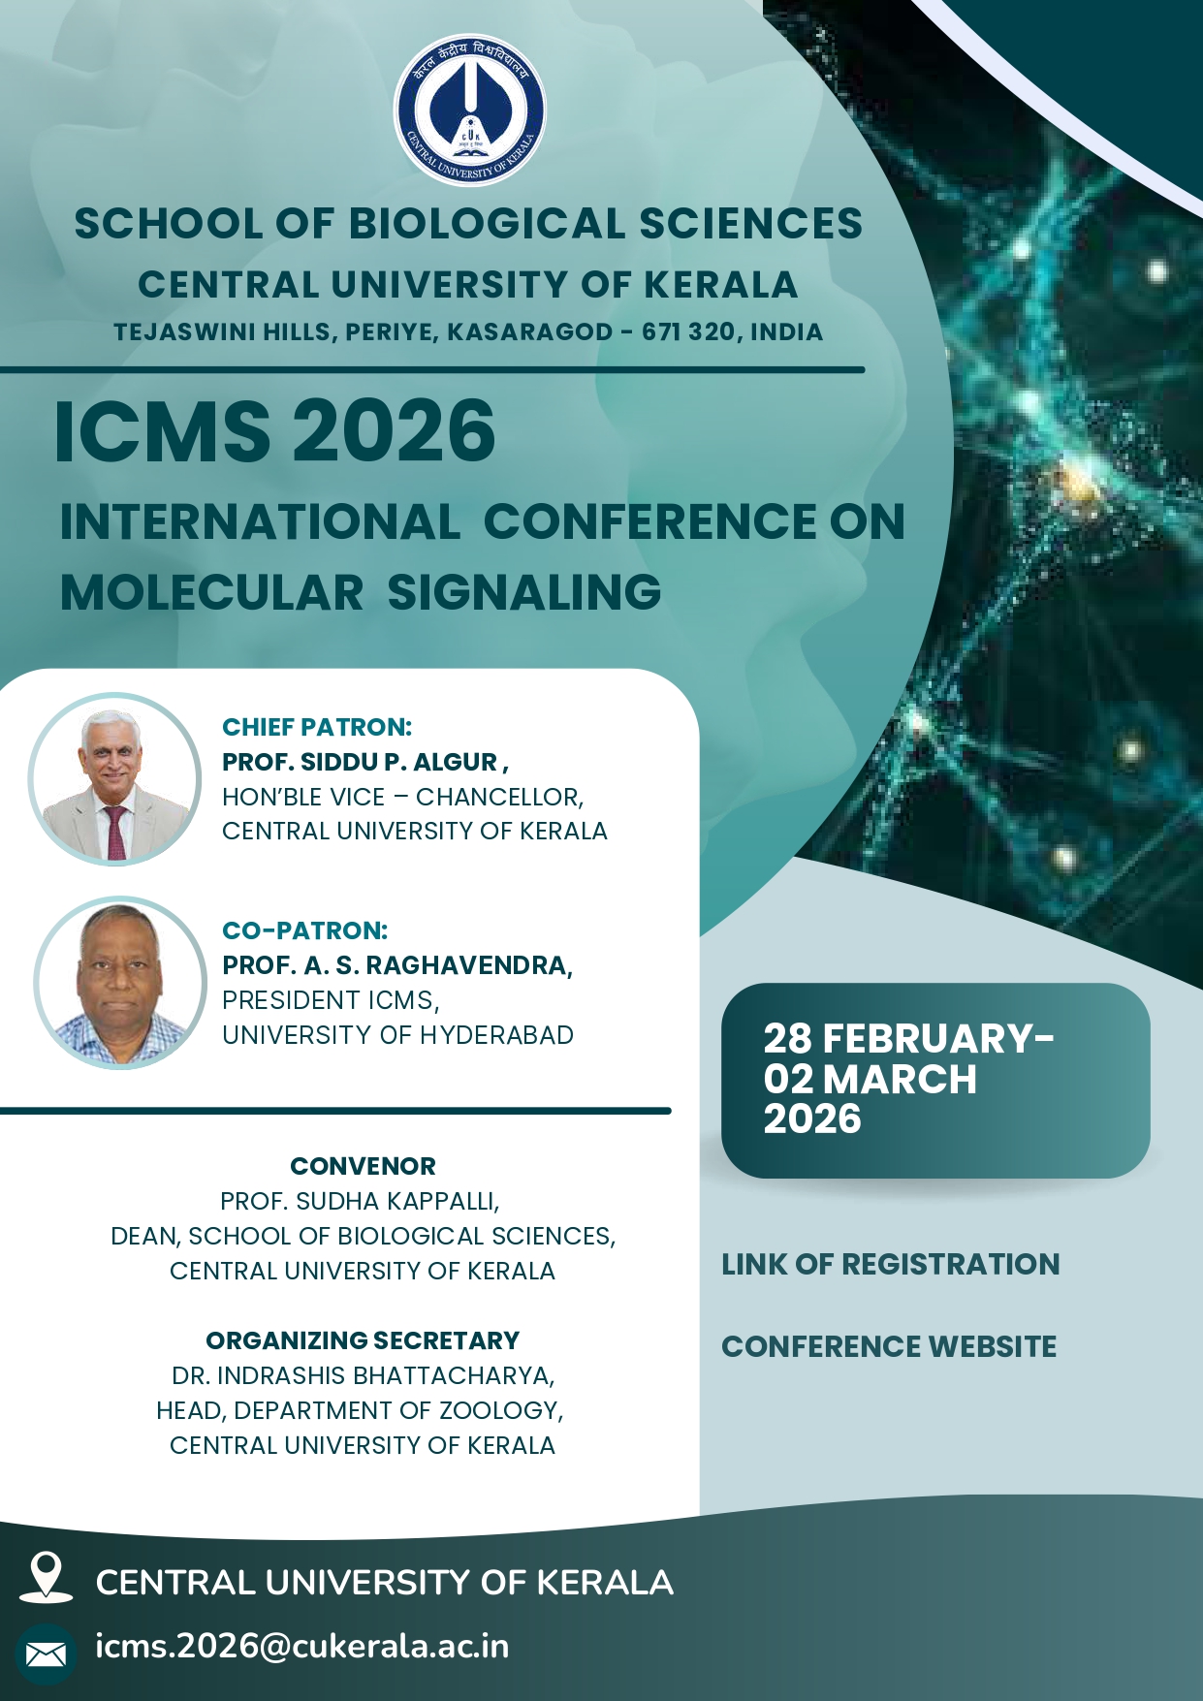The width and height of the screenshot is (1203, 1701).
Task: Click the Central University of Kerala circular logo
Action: [469, 110]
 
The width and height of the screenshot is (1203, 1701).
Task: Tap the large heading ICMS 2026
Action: [275, 431]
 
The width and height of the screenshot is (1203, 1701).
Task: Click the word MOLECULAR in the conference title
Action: [211, 592]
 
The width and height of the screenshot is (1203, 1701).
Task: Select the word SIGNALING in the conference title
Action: [524, 592]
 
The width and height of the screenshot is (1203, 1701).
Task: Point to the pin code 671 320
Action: [688, 331]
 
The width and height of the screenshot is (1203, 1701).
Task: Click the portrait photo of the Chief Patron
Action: [114, 778]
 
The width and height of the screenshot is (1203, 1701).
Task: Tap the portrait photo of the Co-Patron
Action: [120, 983]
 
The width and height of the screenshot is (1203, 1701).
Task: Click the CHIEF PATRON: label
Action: [317, 727]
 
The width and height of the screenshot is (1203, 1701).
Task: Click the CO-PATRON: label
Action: [305, 930]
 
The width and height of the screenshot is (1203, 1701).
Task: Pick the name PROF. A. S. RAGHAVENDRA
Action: [397, 965]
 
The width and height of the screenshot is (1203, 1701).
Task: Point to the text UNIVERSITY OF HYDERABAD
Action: [397, 1035]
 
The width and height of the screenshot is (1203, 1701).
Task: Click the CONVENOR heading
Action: [363, 1166]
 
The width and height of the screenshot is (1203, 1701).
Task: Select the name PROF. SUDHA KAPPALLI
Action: [360, 1202]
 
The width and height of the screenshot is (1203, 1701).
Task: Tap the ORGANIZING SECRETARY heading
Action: [363, 1340]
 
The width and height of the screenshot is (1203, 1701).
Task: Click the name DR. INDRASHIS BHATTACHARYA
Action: [363, 1376]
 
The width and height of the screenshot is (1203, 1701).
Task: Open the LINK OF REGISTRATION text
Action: [891, 1264]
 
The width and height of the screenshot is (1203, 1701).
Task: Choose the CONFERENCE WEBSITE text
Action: [889, 1346]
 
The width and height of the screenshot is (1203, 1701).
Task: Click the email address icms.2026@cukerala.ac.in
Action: [302, 1646]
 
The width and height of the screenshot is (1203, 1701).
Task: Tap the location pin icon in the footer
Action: [46, 1576]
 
